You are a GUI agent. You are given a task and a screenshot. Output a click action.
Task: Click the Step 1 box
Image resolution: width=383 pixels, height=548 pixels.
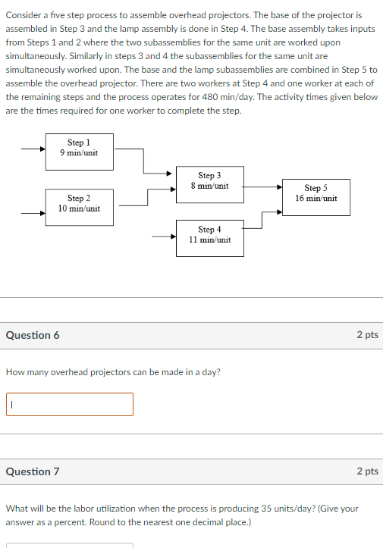79,148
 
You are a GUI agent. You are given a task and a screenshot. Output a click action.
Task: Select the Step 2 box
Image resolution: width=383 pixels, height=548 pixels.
79,204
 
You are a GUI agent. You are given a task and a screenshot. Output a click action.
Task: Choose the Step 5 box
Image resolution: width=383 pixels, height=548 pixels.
316,194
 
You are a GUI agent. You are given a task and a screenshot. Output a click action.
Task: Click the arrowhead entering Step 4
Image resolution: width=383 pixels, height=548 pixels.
173,235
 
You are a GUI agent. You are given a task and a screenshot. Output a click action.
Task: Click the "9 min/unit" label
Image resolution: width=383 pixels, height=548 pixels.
79,153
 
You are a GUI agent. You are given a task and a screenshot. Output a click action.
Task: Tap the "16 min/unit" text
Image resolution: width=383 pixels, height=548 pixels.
316,199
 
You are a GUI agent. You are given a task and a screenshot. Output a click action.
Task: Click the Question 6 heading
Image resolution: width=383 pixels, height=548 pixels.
33,335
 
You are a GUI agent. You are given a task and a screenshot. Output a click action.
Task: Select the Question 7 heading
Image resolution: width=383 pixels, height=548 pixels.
33,471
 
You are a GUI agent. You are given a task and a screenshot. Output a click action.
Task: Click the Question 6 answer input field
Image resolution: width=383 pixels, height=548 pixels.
70,404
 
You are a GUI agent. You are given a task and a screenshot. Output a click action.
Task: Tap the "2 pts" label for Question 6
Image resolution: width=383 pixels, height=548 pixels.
367,335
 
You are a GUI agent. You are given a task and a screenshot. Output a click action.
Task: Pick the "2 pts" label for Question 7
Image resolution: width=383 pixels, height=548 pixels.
367,471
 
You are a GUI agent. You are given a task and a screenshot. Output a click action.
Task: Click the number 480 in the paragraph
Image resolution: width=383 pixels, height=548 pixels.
221,97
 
